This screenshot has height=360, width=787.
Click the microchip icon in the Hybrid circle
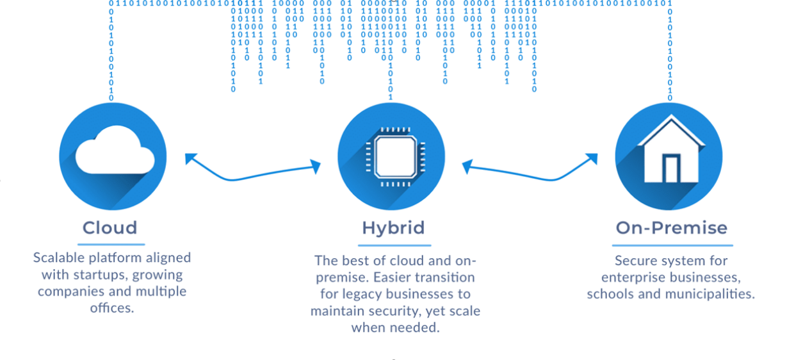pos(391,156)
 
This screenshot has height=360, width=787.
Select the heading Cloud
pos(110,227)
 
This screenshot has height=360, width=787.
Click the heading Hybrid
pos(393,228)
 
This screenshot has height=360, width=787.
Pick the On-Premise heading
pos(672,228)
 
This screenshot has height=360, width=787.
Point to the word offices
pos(111,308)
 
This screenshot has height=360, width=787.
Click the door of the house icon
pos(670,168)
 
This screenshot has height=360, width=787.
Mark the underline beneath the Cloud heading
pos(111,244)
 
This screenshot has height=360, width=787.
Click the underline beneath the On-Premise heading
pos(672,245)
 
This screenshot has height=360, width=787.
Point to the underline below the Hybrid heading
pos(394,245)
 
